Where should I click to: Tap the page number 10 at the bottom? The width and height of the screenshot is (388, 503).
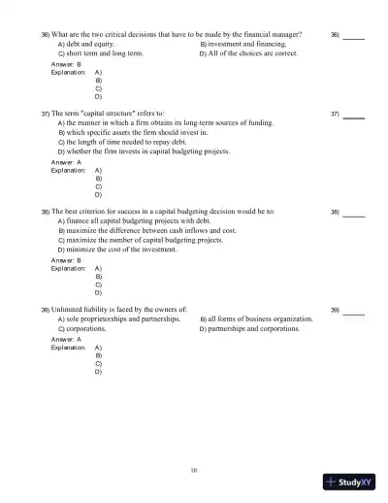pyautogui.click(x=194, y=470)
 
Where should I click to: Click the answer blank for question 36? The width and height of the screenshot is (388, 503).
pyautogui.click(x=354, y=36)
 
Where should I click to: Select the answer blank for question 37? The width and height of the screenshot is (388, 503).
pyautogui.click(x=354, y=116)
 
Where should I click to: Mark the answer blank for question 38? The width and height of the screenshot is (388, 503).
pyautogui.click(x=354, y=213)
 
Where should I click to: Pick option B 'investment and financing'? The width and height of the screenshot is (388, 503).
pyautogui.click(x=242, y=45)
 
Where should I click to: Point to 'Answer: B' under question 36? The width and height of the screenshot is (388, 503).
pyautogui.click(x=66, y=64)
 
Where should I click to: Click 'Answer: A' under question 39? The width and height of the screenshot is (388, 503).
pyautogui.click(x=66, y=339)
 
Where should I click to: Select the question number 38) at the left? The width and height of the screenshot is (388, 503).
pyautogui.click(x=46, y=212)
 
